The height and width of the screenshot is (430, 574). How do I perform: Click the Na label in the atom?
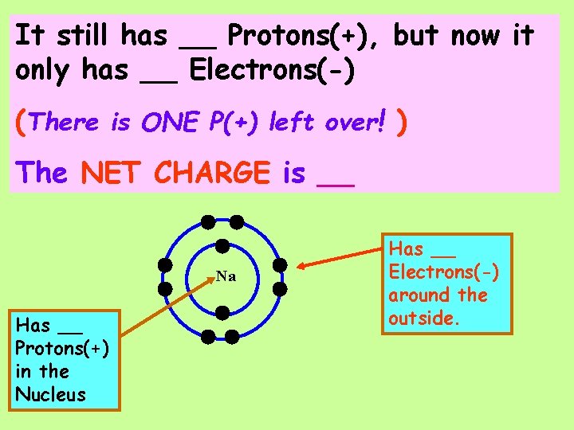[x=226, y=276]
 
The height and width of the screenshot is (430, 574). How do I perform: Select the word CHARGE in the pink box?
[x=213, y=172]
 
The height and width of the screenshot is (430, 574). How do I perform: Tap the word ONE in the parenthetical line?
[x=171, y=123]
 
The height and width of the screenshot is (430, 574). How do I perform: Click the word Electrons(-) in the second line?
[x=272, y=71]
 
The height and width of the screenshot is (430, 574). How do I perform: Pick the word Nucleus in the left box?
[x=50, y=394]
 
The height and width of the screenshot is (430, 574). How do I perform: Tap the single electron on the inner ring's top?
[x=223, y=247]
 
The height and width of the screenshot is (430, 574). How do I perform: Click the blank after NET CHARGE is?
[x=336, y=175]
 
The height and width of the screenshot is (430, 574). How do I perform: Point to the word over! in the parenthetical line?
[x=355, y=123]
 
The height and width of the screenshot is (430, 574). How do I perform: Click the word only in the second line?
[x=45, y=71]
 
